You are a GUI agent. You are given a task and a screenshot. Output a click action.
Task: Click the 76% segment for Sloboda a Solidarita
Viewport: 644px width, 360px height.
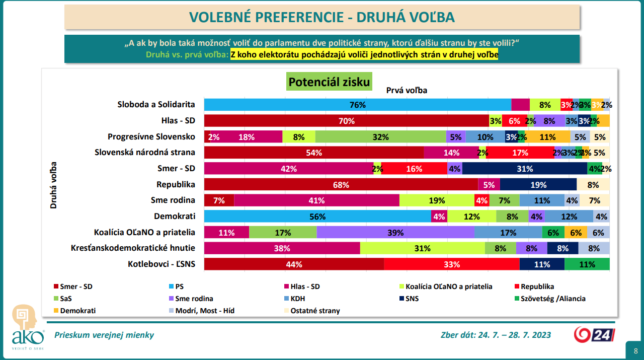357,105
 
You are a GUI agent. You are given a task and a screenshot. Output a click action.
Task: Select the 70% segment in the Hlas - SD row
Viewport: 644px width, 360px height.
346,121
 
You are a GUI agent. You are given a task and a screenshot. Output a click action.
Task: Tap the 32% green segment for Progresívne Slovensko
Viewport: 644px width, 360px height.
380,137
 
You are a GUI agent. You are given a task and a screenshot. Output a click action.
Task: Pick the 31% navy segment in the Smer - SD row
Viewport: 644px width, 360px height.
524,169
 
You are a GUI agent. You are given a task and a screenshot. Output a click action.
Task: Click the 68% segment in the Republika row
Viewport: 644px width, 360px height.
341,185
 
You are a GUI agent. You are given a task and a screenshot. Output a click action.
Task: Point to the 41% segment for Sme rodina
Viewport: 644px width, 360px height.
316,200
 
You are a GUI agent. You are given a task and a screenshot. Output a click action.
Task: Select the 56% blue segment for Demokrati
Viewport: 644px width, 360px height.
317,217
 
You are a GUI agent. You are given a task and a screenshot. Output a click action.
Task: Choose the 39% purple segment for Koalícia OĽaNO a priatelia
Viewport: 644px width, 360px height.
395,233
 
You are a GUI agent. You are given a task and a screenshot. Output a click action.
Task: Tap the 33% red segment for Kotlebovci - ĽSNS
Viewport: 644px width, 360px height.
451,264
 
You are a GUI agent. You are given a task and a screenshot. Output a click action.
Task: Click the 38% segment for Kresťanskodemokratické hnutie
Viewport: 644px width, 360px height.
282,248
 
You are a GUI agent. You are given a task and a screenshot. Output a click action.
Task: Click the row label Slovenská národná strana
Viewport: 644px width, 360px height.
145,153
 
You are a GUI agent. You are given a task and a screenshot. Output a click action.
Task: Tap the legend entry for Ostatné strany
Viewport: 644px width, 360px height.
315,311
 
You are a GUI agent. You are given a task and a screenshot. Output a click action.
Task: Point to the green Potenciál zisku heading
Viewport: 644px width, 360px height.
329,82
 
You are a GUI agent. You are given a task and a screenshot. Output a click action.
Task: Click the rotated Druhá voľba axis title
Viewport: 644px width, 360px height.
53,185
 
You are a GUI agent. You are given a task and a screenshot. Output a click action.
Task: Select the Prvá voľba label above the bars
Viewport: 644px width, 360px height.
407,91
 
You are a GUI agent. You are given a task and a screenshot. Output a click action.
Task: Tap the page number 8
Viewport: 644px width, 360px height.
635,351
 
